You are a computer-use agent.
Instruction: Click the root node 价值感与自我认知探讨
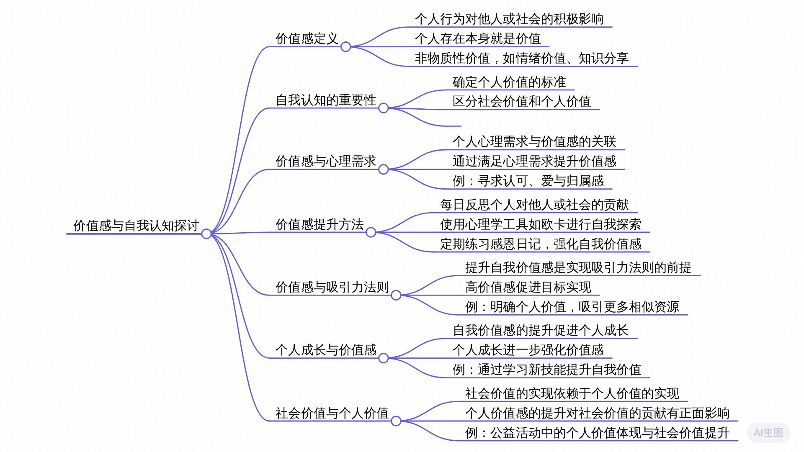coord(136,226)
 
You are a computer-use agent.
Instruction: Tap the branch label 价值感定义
coord(307,39)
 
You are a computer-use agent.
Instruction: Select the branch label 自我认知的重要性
coord(326,100)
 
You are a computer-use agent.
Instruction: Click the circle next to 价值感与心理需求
coord(383,169)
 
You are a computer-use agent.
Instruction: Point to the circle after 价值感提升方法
coord(371,232)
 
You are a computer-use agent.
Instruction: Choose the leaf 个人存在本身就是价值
coord(478,39)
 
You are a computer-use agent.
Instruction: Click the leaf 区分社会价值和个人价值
coord(522,101)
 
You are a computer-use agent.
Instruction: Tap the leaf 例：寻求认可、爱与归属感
coord(528,181)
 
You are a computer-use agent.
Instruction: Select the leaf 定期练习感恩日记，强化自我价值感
coord(541,244)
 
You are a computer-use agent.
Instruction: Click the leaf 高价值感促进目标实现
coord(528,287)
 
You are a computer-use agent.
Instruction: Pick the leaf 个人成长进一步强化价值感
coord(528,350)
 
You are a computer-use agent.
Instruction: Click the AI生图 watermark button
coord(768,432)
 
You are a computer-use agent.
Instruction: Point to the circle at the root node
coord(206,234)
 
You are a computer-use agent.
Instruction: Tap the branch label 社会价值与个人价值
coord(332,413)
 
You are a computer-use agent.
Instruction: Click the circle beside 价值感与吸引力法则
coord(396,295)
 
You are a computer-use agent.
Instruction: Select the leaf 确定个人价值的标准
coord(509,82)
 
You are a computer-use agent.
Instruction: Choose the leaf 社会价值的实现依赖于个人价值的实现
coord(572,393)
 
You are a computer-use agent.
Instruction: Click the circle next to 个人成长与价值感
coord(383,358)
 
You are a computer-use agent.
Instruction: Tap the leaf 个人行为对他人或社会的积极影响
coord(509,19)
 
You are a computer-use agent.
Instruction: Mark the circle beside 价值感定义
coord(345,47)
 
